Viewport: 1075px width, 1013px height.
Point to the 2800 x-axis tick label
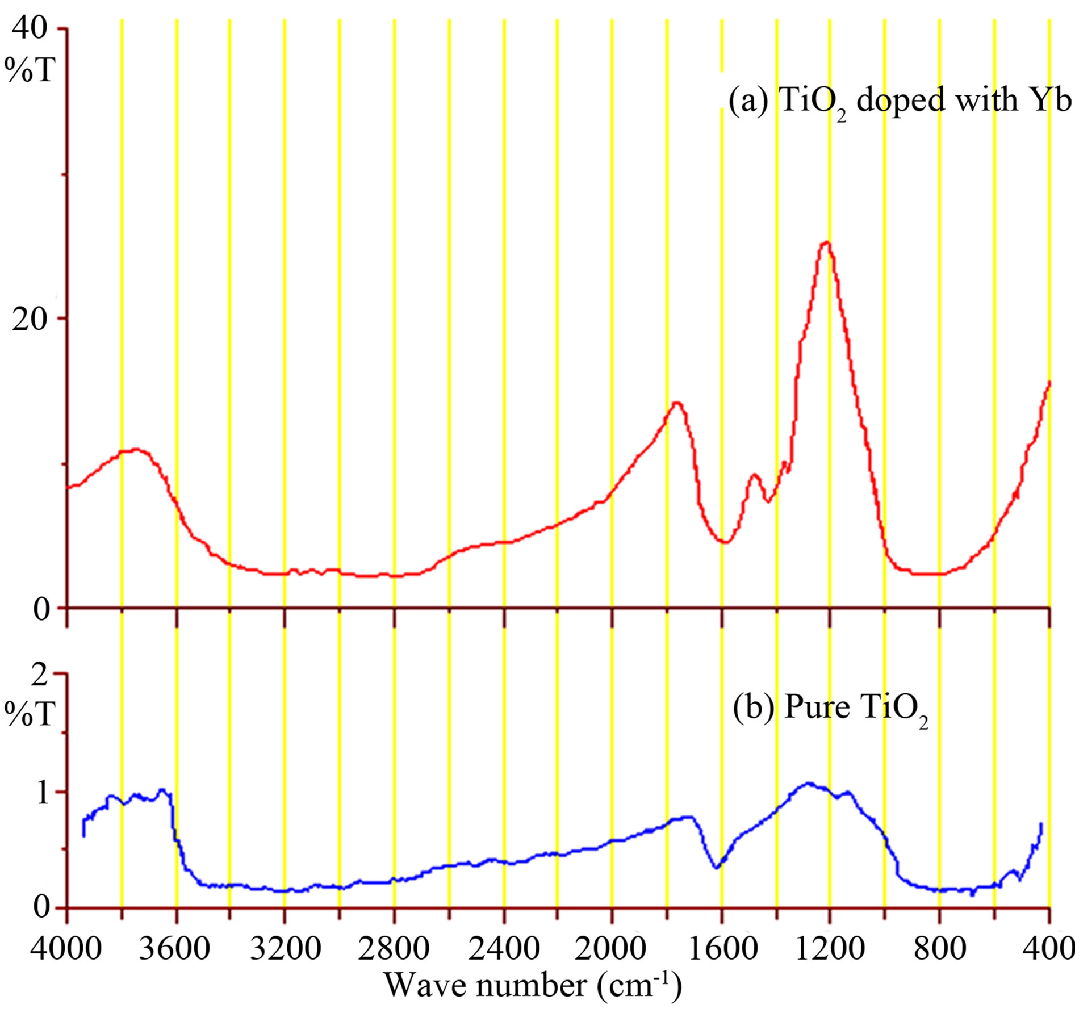point(394,949)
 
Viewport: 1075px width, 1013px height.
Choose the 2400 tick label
point(504,949)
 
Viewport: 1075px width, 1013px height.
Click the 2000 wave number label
point(612,949)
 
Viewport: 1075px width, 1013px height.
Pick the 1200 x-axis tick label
point(830,949)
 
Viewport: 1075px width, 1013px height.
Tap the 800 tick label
point(940,949)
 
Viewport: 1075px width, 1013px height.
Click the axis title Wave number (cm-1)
point(533,987)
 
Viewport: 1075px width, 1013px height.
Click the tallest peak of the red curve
point(826,242)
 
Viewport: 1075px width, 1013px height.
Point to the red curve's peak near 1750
point(676,403)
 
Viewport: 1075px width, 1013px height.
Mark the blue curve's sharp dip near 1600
point(716,868)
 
